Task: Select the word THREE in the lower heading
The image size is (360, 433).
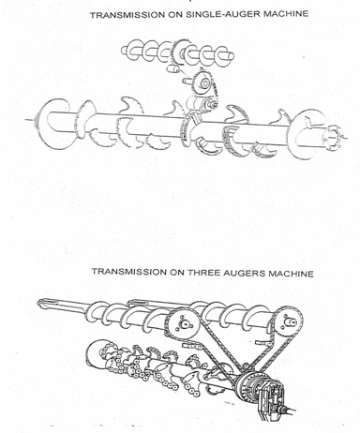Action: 202,273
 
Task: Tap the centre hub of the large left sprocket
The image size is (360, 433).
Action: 183,324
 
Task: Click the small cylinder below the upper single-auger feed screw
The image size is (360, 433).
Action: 173,68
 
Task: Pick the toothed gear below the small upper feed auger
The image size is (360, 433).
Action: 203,83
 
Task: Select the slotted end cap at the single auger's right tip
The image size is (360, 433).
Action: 334,135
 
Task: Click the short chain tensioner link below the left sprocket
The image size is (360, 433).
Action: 191,346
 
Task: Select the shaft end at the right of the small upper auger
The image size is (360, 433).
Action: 230,56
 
